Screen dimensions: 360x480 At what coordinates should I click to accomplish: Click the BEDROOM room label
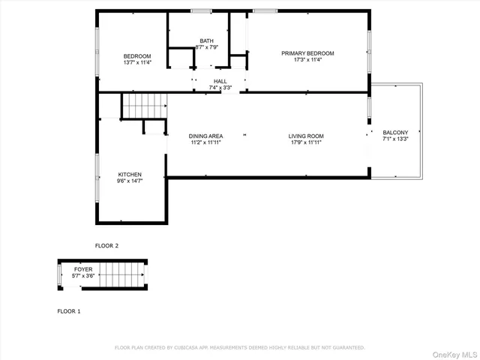(x=137, y=56)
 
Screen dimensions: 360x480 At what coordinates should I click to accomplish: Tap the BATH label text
(x=206, y=40)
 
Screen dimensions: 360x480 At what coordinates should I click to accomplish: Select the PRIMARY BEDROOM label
(x=307, y=53)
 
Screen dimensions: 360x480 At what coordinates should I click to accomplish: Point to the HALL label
(x=220, y=81)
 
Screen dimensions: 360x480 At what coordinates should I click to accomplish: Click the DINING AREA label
(x=205, y=136)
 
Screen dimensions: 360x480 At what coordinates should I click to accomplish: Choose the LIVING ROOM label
(x=305, y=136)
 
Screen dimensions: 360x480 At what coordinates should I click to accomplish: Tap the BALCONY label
(x=395, y=132)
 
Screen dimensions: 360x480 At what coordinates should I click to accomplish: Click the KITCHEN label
(x=129, y=174)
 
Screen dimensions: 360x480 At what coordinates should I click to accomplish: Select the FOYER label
(x=83, y=268)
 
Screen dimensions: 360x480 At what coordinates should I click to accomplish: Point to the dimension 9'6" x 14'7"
(x=129, y=181)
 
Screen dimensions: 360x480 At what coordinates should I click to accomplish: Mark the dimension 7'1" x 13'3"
(x=395, y=139)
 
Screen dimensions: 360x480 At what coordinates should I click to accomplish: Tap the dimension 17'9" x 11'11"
(x=305, y=142)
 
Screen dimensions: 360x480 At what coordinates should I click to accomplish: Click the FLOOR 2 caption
(x=106, y=245)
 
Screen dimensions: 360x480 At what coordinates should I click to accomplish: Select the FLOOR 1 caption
(x=69, y=310)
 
